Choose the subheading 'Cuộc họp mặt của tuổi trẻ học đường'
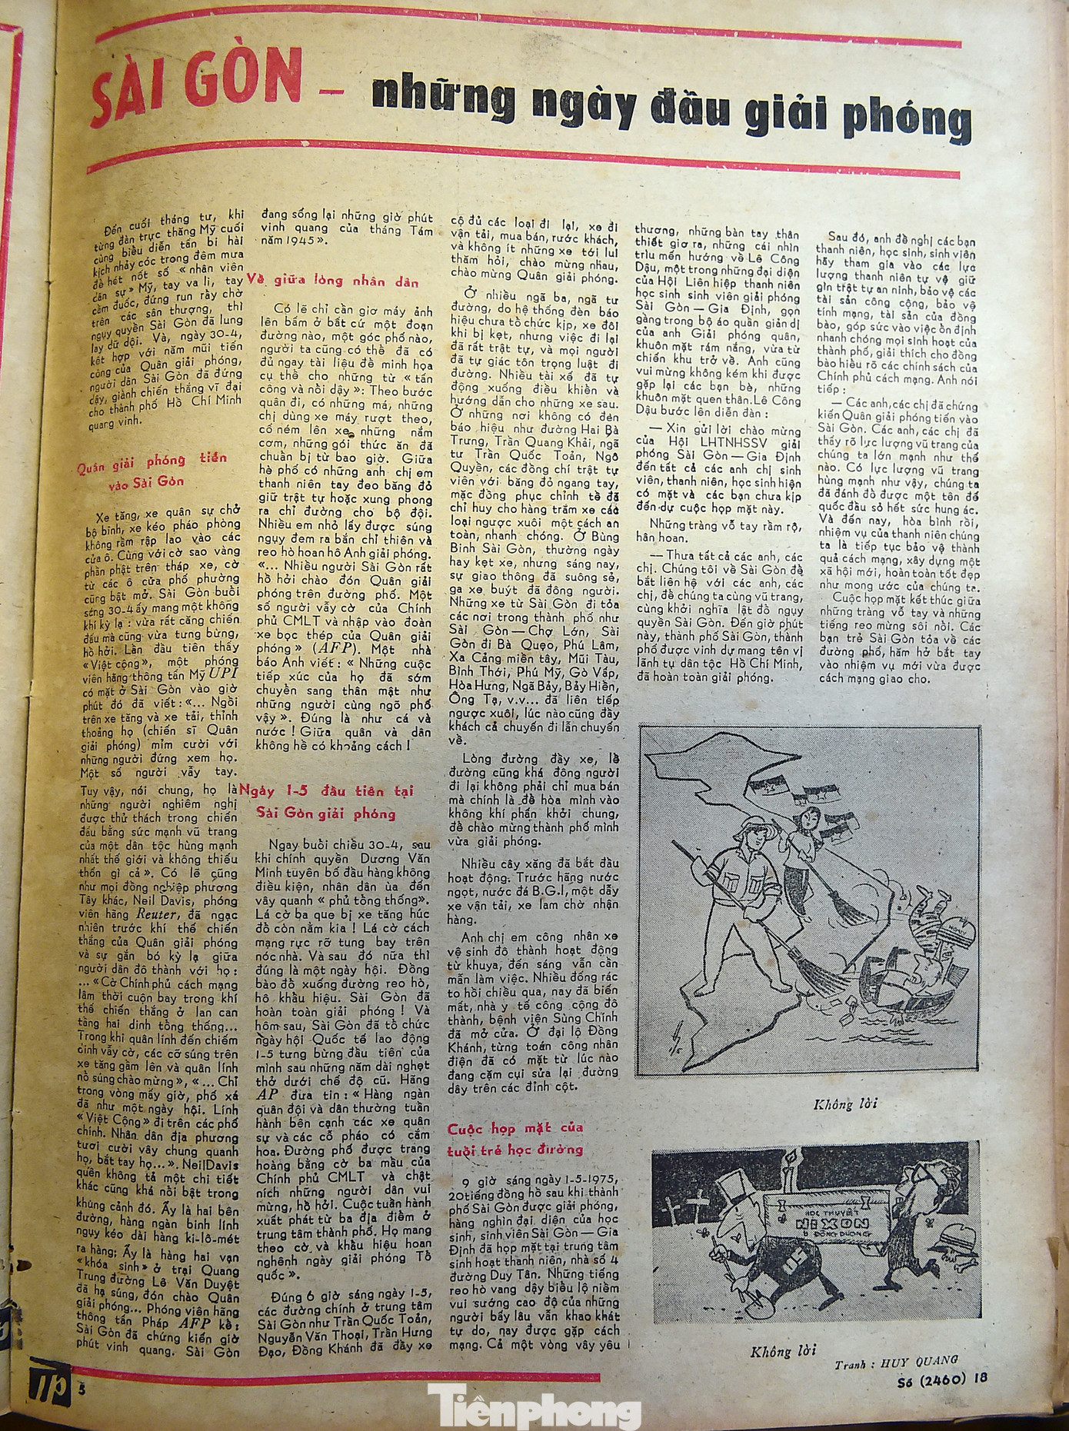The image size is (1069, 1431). click(515, 1138)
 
